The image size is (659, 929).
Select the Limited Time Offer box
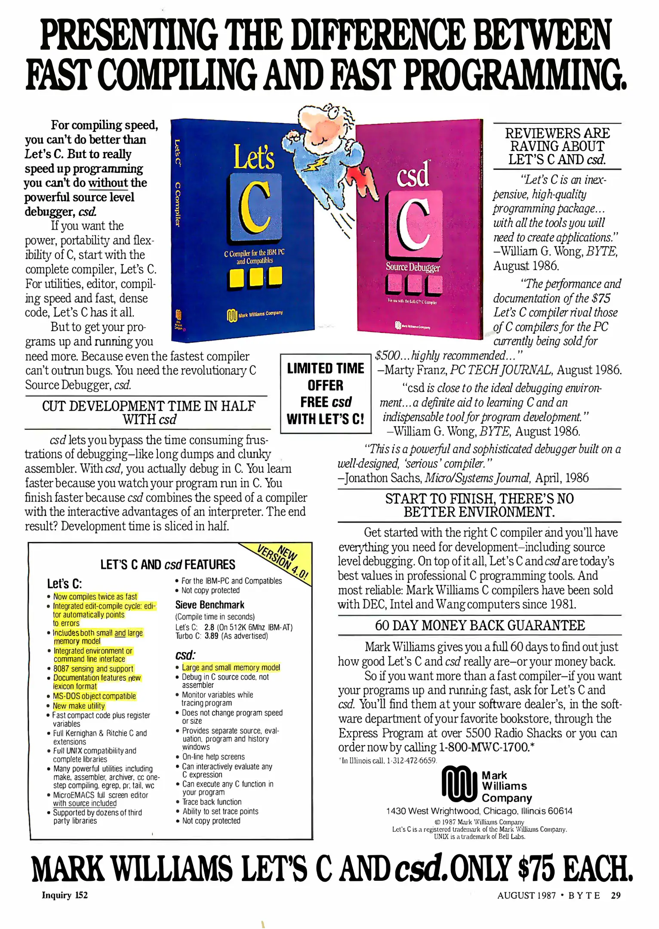click(x=326, y=394)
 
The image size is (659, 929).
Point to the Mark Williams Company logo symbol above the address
click(x=459, y=784)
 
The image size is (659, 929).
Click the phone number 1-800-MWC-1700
click(x=483, y=747)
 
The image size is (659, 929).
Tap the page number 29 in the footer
click(x=616, y=895)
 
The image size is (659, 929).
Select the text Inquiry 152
click(x=65, y=895)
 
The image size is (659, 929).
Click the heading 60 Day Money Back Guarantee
click(x=480, y=625)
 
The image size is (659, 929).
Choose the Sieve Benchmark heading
click(x=210, y=605)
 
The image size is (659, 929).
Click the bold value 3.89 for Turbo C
click(x=211, y=636)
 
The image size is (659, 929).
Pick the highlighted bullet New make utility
click(x=79, y=706)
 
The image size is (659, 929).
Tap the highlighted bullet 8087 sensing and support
click(x=93, y=668)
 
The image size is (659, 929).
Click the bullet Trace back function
click(x=212, y=802)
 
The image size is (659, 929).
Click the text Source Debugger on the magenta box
click(x=413, y=267)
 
